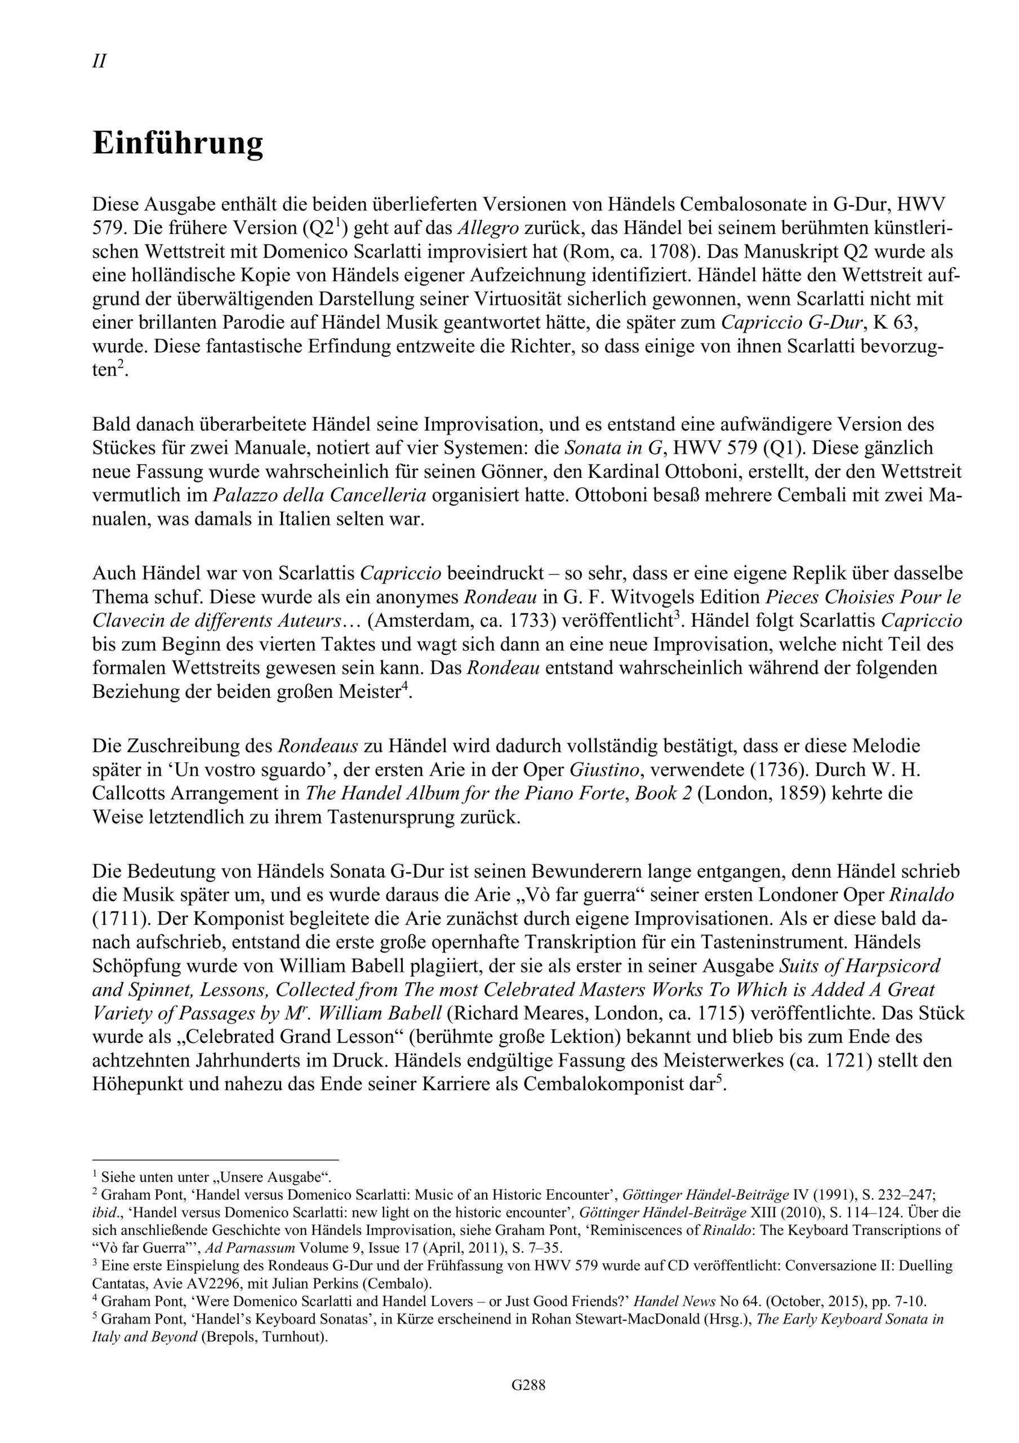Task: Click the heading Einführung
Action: tap(178, 143)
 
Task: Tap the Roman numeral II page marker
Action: tap(99, 61)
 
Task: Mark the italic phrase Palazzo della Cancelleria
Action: tap(320, 495)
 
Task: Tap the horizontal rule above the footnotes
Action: tap(216, 1159)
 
